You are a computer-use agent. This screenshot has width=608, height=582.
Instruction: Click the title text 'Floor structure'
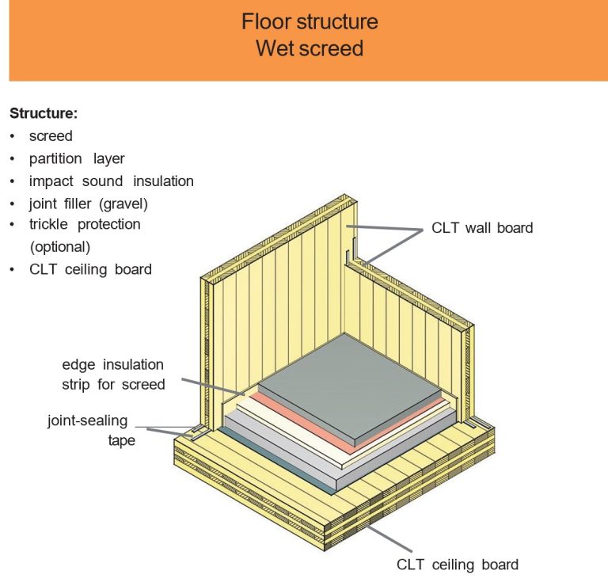tap(310, 21)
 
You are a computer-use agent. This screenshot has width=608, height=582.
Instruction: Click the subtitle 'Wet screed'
tap(310, 49)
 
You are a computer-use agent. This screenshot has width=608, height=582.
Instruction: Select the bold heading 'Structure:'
tap(44, 113)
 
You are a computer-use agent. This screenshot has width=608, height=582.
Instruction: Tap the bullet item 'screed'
tap(51, 136)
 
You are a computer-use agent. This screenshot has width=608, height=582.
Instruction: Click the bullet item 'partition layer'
tap(77, 158)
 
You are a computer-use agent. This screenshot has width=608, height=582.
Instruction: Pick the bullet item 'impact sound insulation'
tap(111, 181)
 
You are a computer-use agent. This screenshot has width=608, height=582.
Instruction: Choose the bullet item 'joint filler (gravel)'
tap(89, 204)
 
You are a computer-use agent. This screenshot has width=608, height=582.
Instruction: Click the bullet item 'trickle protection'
tap(85, 225)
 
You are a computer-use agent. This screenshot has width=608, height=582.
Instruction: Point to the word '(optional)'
tap(60, 246)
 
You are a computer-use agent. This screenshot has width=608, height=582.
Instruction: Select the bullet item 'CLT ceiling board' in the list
tap(90, 269)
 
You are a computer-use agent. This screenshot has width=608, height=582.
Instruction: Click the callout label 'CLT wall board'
tap(482, 228)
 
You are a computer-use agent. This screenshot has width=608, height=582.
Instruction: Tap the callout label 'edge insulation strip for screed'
tap(113, 375)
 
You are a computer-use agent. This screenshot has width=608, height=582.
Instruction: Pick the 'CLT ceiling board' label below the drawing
tap(458, 565)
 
